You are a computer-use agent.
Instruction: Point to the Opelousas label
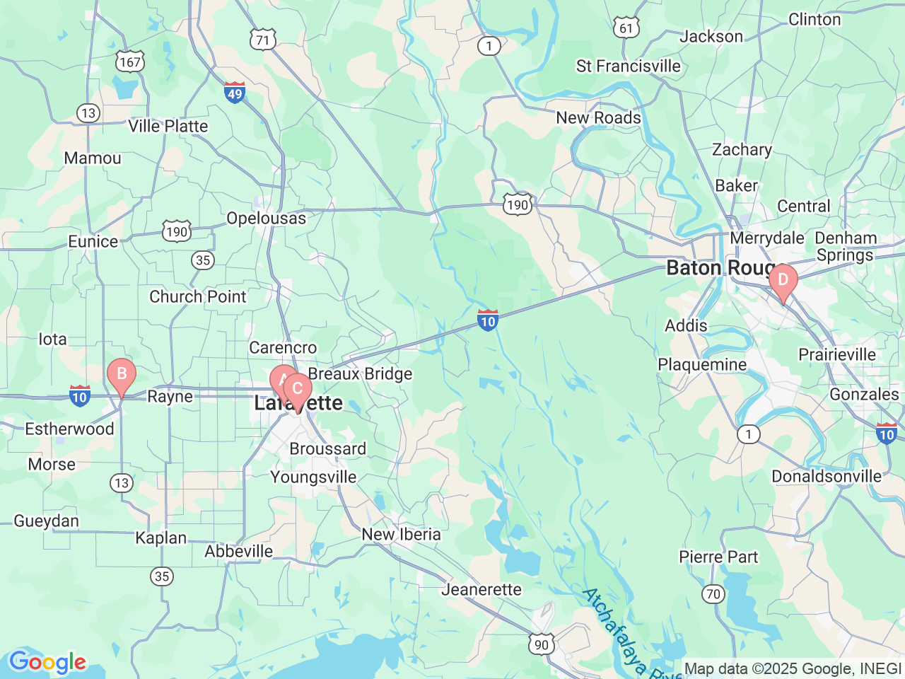click(266, 219)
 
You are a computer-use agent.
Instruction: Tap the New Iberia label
click(401, 535)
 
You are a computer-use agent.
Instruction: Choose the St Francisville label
click(628, 66)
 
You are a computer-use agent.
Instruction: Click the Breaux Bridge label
click(360, 374)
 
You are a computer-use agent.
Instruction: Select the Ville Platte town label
click(168, 127)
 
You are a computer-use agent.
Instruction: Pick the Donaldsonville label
click(826, 477)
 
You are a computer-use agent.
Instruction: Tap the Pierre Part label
click(718, 557)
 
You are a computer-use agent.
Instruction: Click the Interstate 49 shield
click(235, 92)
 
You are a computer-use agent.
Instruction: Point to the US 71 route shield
click(262, 40)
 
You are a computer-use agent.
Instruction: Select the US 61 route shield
click(626, 28)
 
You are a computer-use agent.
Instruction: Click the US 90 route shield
click(541, 644)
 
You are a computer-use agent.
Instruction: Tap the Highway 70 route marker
click(713, 593)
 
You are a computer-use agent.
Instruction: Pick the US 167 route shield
click(130, 62)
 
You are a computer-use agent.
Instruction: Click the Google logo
click(47, 663)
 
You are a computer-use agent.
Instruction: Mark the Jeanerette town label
click(481, 590)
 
